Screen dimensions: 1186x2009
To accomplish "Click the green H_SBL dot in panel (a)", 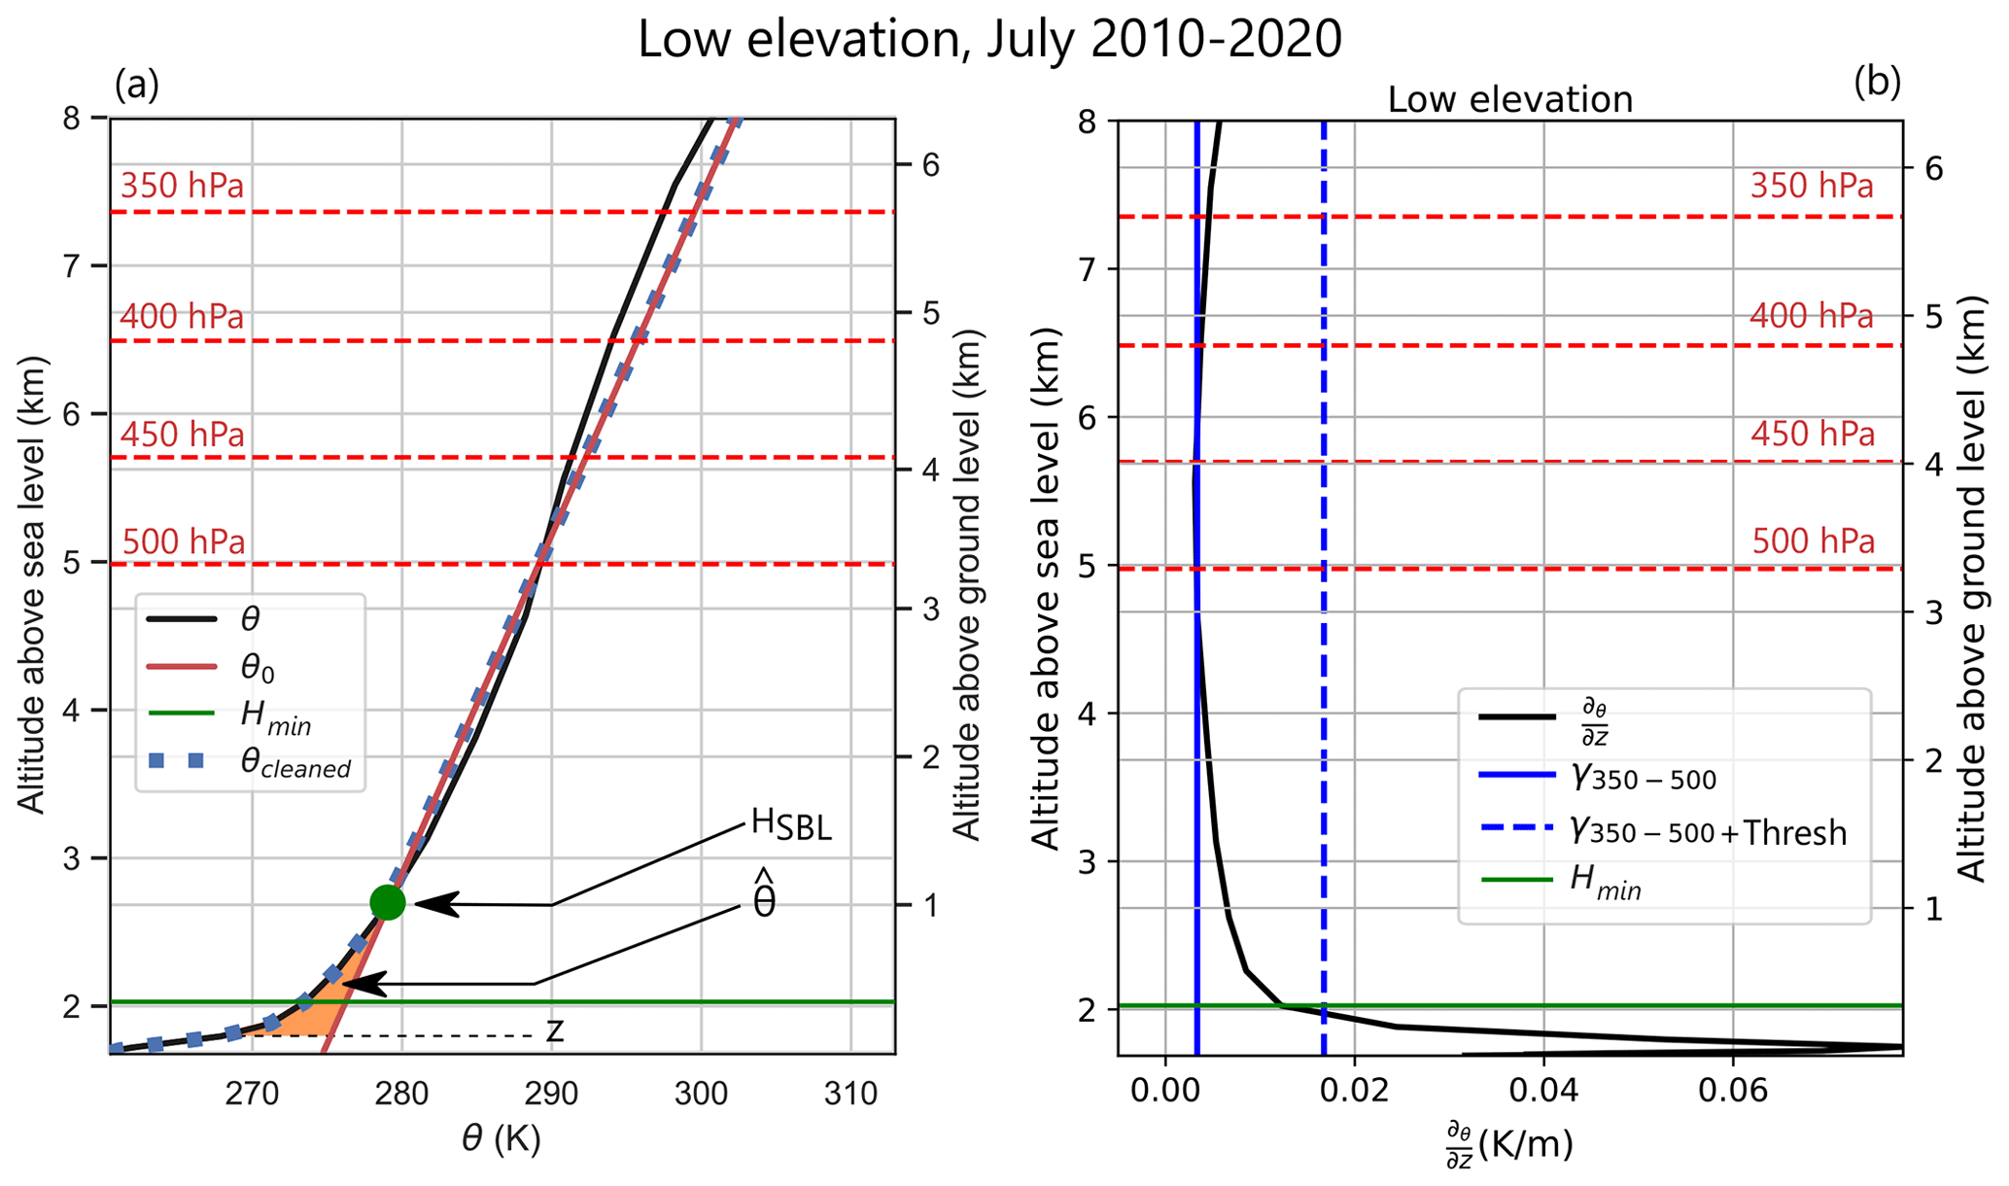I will (388, 903).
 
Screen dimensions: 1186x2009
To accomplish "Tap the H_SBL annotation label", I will (791, 825).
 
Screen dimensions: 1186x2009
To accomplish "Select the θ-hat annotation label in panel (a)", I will (765, 900).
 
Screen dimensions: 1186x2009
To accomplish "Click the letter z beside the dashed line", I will (555, 1030).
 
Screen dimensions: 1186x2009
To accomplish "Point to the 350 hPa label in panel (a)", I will (182, 186).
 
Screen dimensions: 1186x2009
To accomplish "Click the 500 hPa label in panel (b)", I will (1813, 541).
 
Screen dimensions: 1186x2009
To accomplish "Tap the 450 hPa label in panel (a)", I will (182, 435).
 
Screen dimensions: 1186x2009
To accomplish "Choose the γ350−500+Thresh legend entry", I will (1707, 832).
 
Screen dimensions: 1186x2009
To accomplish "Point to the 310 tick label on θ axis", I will (850, 1095).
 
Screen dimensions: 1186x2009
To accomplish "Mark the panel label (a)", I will (136, 86).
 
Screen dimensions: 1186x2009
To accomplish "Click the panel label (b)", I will (1876, 84).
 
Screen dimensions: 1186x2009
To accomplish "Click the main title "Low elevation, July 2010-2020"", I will (989, 41).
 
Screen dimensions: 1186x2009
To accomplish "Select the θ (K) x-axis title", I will (501, 1138).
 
